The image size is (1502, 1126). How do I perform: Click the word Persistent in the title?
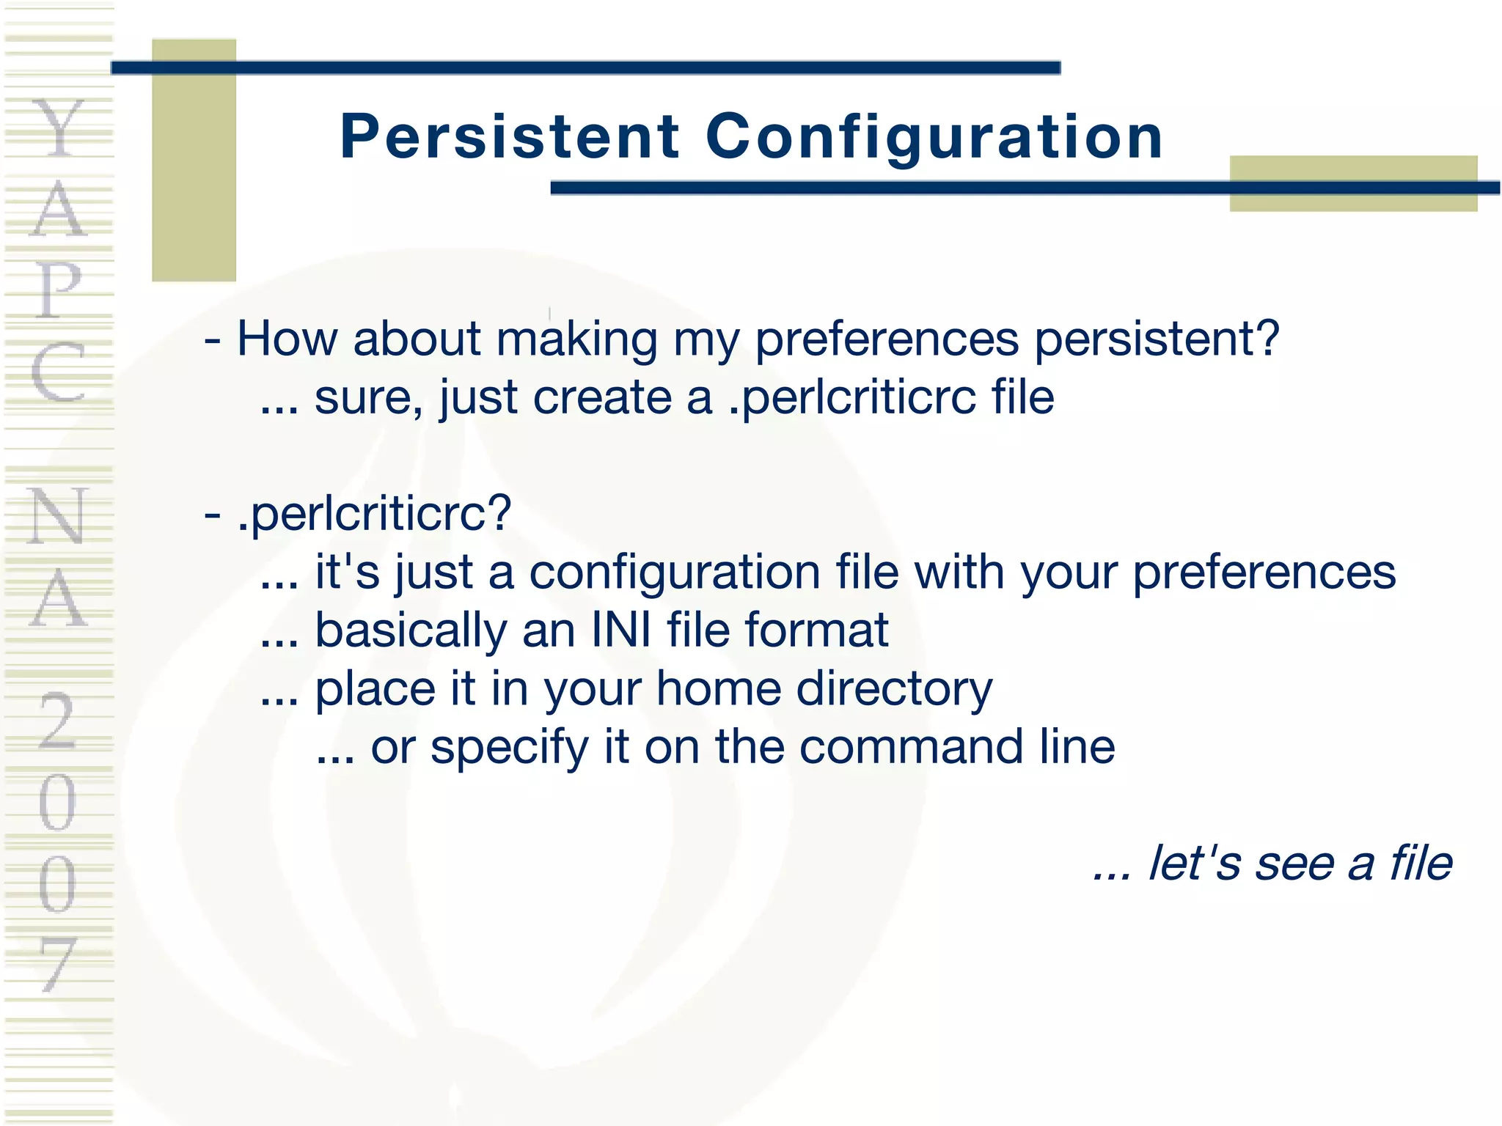(x=510, y=137)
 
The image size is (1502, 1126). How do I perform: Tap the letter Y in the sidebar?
(x=59, y=128)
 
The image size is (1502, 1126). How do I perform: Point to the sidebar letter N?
(x=59, y=517)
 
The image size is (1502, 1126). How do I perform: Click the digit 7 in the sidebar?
(x=59, y=964)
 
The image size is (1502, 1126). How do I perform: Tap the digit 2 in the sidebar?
(x=59, y=722)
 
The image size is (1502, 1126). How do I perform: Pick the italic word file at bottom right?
(x=1421, y=863)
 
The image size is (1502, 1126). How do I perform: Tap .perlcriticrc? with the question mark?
(x=374, y=513)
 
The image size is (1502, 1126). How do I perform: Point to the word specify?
(x=510, y=748)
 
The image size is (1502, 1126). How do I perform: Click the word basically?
(x=410, y=630)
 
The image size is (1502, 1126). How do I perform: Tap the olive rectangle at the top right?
(x=1353, y=183)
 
